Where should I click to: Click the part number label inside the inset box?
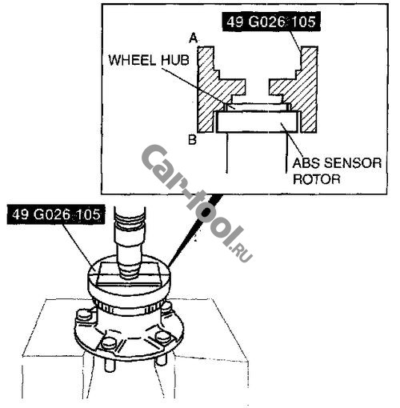click(271, 22)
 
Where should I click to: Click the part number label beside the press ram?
click(56, 214)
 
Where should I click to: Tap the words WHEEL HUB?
click(149, 60)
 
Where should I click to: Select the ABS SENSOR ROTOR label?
click(337, 171)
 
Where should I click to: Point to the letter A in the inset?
click(194, 38)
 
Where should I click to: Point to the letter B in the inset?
click(192, 139)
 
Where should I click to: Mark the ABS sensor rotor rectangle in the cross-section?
click(257, 122)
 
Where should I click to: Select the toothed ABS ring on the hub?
click(130, 307)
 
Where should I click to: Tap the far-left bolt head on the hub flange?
click(83, 315)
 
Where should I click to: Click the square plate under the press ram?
click(128, 274)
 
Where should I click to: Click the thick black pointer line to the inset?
click(194, 231)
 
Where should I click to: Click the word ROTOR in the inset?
click(317, 179)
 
